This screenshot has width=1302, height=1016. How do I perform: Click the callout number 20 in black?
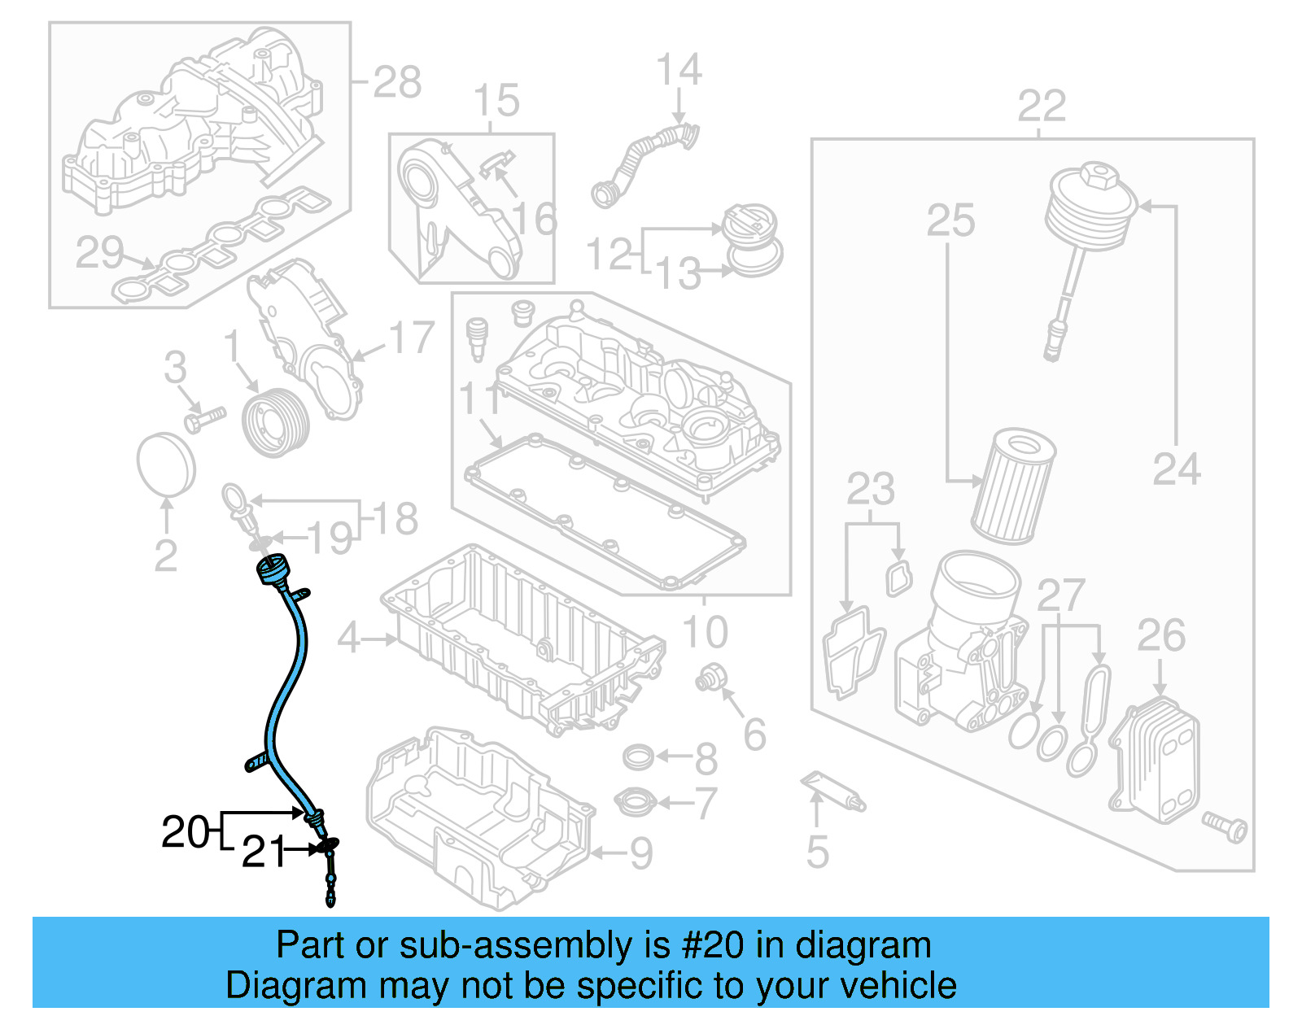[x=186, y=831]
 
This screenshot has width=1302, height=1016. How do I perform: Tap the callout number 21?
[x=264, y=852]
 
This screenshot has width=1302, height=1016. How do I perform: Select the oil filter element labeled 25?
[x=1013, y=487]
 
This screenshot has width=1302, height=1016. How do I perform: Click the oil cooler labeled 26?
[x=1155, y=756]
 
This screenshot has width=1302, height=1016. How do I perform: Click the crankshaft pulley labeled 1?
[x=277, y=423]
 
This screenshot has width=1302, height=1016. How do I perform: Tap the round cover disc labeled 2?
[x=166, y=464]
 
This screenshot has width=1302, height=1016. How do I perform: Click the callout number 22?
[x=1042, y=107]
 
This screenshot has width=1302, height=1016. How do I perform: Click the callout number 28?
[x=397, y=82]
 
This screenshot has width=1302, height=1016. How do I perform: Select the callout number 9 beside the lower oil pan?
[x=642, y=853]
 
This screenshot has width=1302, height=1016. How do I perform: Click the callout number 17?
[x=412, y=338]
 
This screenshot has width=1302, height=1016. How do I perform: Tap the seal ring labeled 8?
[x=638, y=757]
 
